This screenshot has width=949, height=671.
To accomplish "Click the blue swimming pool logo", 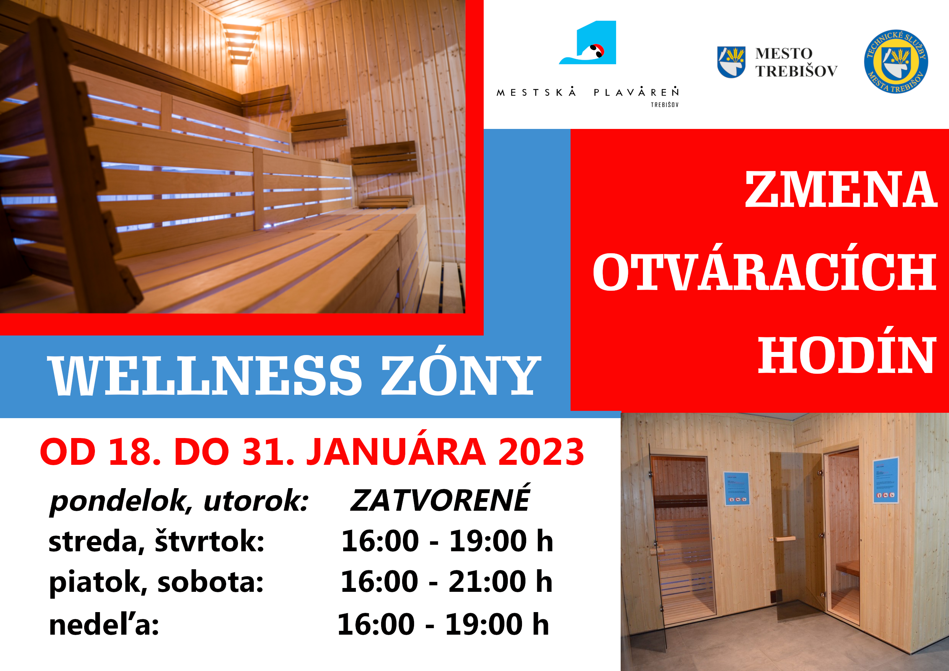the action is (587, 42).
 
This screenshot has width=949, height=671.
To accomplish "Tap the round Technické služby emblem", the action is (896, 62).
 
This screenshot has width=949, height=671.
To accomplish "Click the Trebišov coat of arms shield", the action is (731, 62).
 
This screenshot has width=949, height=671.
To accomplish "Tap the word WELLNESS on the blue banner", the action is (205, 375).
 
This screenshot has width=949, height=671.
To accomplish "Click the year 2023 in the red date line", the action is (541, 452).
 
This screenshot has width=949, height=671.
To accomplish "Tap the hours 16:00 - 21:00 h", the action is (447, 581).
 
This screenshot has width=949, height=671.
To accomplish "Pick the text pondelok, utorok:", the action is (179, 501).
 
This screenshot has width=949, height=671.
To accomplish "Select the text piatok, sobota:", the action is (156, 582).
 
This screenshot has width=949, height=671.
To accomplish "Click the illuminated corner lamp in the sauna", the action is (241, 44).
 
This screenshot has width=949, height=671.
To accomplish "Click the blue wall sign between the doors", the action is (737, 489).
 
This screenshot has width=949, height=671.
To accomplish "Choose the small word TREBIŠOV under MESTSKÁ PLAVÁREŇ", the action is (665, 105).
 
